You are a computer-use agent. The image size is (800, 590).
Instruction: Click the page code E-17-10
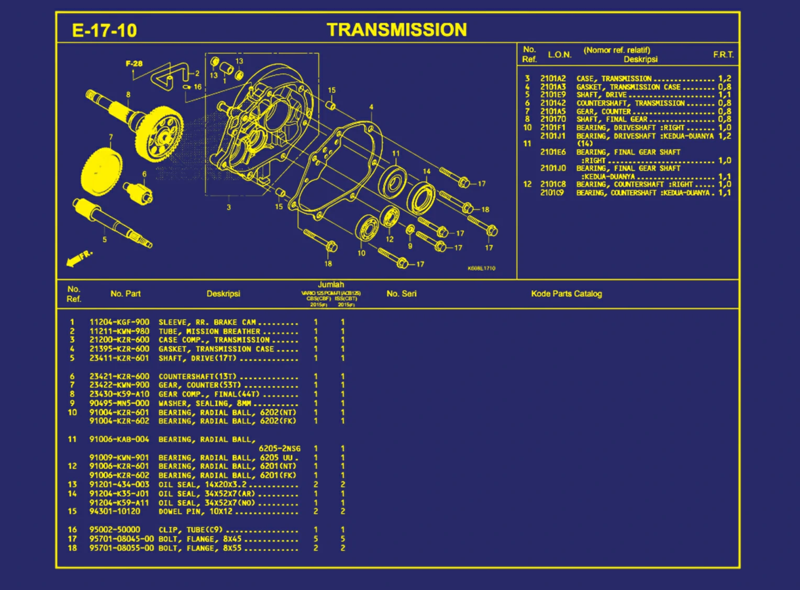pyautogui.click(x=104, y=30)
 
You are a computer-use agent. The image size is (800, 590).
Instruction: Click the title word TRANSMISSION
pyautogui.click(x=396, y=30)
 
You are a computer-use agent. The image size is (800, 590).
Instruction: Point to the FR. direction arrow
pyautogui.click(x=79, y=258)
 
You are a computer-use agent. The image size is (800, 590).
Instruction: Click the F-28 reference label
pyautogui.click(x=134, y=63)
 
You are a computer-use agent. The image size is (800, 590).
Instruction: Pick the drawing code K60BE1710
pyautogui.click(x=481, y=268)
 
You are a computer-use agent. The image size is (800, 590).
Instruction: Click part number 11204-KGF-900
pyautogui.click(x=119, y=322)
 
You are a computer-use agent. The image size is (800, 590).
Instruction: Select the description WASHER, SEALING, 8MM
pyautogui.click(x=205, y=403)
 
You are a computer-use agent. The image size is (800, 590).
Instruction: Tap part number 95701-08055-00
pyautogui.click(x=121, y=548)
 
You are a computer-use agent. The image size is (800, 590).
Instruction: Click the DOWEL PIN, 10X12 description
pyautogui.click(x=195, y=511)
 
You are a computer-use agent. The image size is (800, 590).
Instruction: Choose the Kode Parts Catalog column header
pyautogui.click(x=566, y=294)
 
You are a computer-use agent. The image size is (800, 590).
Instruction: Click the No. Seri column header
pyautogui.click(x=402, y=294)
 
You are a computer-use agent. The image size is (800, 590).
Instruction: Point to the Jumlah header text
pyautogui.click(x=331, y=284)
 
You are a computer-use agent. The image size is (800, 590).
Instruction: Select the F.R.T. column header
pyautogui.click(x=723, y=54)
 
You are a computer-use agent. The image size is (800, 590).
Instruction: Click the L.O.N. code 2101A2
pyautogui.click(x=553, y=79)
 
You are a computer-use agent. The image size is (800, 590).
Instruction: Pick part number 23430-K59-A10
pyautogui.click(x=119, y=394)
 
